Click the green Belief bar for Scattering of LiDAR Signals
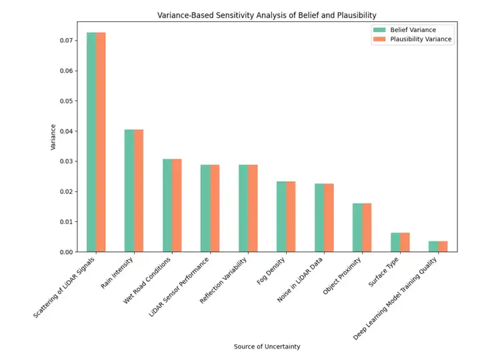coord(91,141)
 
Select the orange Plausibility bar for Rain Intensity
coord(139,191)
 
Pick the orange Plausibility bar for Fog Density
coord(291,217)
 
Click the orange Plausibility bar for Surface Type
coord(405,242)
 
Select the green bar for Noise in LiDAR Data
coord(319,217)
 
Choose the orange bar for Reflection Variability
coord(253,208)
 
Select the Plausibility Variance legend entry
coord(411,39)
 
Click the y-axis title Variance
coord(54,137)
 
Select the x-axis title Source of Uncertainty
coord(267,346)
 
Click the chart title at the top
coord(267,15)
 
